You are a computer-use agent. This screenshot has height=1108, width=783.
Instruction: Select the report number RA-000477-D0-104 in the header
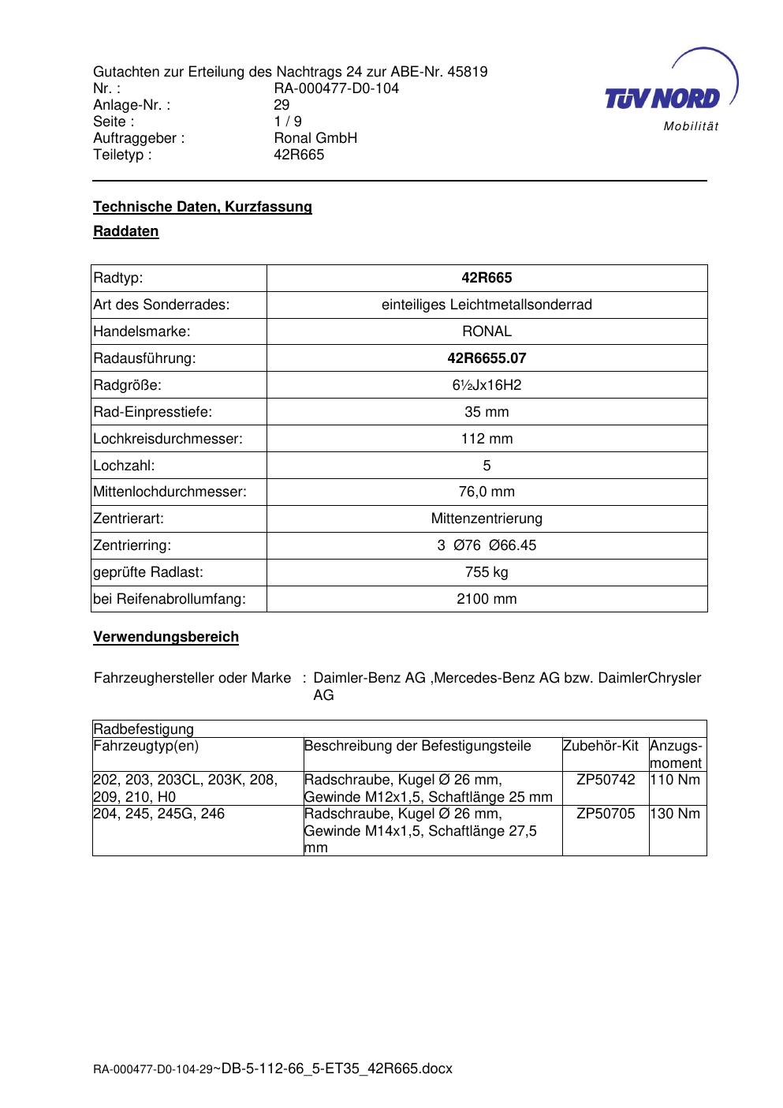coord(336,88)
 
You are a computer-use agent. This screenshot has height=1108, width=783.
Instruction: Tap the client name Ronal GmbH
coord(315,138)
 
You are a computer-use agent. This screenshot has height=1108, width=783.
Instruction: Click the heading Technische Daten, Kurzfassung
coord(203,207)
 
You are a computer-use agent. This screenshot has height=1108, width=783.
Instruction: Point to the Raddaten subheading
coord(126,231)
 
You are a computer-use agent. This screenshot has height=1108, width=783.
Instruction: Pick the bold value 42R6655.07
coord(487,358)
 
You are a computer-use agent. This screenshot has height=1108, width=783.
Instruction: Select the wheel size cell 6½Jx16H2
coord(487,385)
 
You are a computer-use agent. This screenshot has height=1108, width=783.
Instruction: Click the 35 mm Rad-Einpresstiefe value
coord(487,412)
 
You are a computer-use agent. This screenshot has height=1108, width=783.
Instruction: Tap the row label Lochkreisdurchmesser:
coord(168,439)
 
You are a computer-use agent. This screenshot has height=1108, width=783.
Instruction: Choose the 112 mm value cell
coord(487,439)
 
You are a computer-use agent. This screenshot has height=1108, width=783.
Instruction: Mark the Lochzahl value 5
coord(487,466)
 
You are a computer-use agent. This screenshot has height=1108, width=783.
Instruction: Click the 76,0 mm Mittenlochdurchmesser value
coord(487,492)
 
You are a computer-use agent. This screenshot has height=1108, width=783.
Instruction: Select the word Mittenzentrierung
coord(487,518)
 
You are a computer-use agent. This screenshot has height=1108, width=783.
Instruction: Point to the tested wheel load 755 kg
coord(487,572)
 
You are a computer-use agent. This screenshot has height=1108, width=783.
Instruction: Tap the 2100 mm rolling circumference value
coord(487,599)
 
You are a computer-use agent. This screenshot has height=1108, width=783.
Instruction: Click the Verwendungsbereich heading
coord(166,637)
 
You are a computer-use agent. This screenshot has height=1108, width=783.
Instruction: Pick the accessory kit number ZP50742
coord(606,780)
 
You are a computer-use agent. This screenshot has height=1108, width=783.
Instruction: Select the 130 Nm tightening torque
coord(675,814)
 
